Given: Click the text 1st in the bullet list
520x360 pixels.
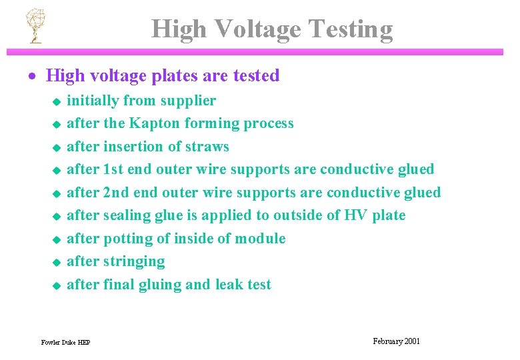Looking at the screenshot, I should pos(113,169).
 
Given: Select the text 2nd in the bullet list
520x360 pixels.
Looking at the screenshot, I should pos(116,193).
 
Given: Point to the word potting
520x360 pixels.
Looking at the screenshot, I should pos(129,239).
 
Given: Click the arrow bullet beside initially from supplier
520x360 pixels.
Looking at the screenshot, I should pos(57,102).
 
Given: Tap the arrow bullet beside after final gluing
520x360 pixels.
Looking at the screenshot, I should pos(57,286).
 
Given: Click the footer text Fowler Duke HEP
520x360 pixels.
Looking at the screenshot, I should pos(65,343).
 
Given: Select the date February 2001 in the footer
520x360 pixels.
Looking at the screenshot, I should pos(397,341).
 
